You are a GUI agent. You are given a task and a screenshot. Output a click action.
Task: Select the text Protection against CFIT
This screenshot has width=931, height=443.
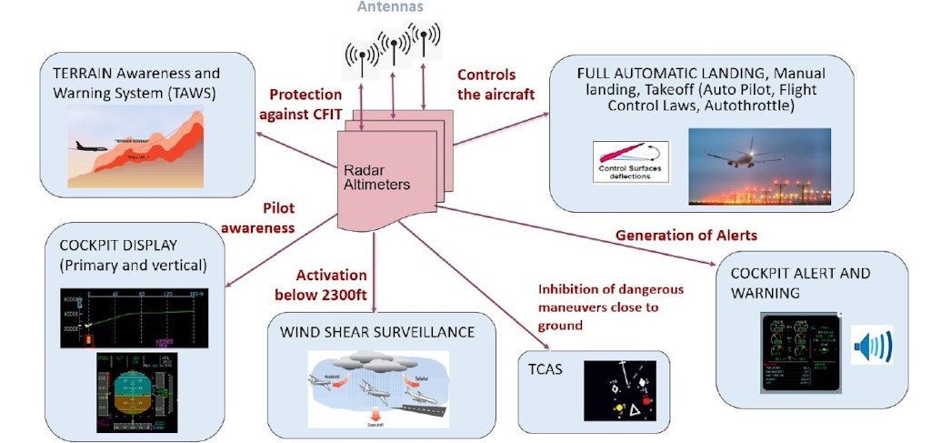[x=305, y=103]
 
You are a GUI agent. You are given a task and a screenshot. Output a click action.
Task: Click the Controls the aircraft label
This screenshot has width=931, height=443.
[x=486, y=84]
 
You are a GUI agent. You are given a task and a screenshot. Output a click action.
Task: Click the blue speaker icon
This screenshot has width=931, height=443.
[x=871, y=346]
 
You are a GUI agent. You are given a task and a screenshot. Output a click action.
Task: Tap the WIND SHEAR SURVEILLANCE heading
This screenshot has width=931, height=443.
[x=376, y=332]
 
